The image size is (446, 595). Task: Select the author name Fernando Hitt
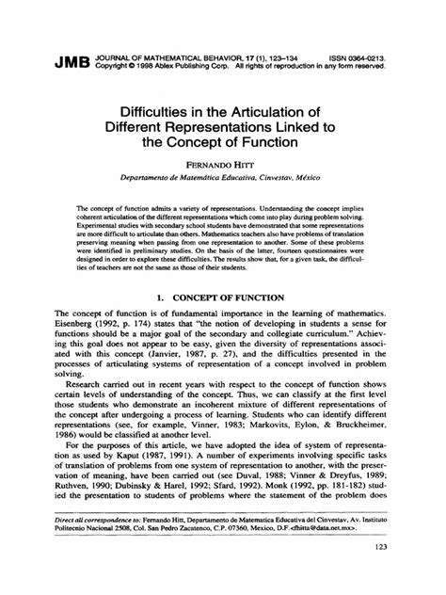[x=223, y=162]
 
